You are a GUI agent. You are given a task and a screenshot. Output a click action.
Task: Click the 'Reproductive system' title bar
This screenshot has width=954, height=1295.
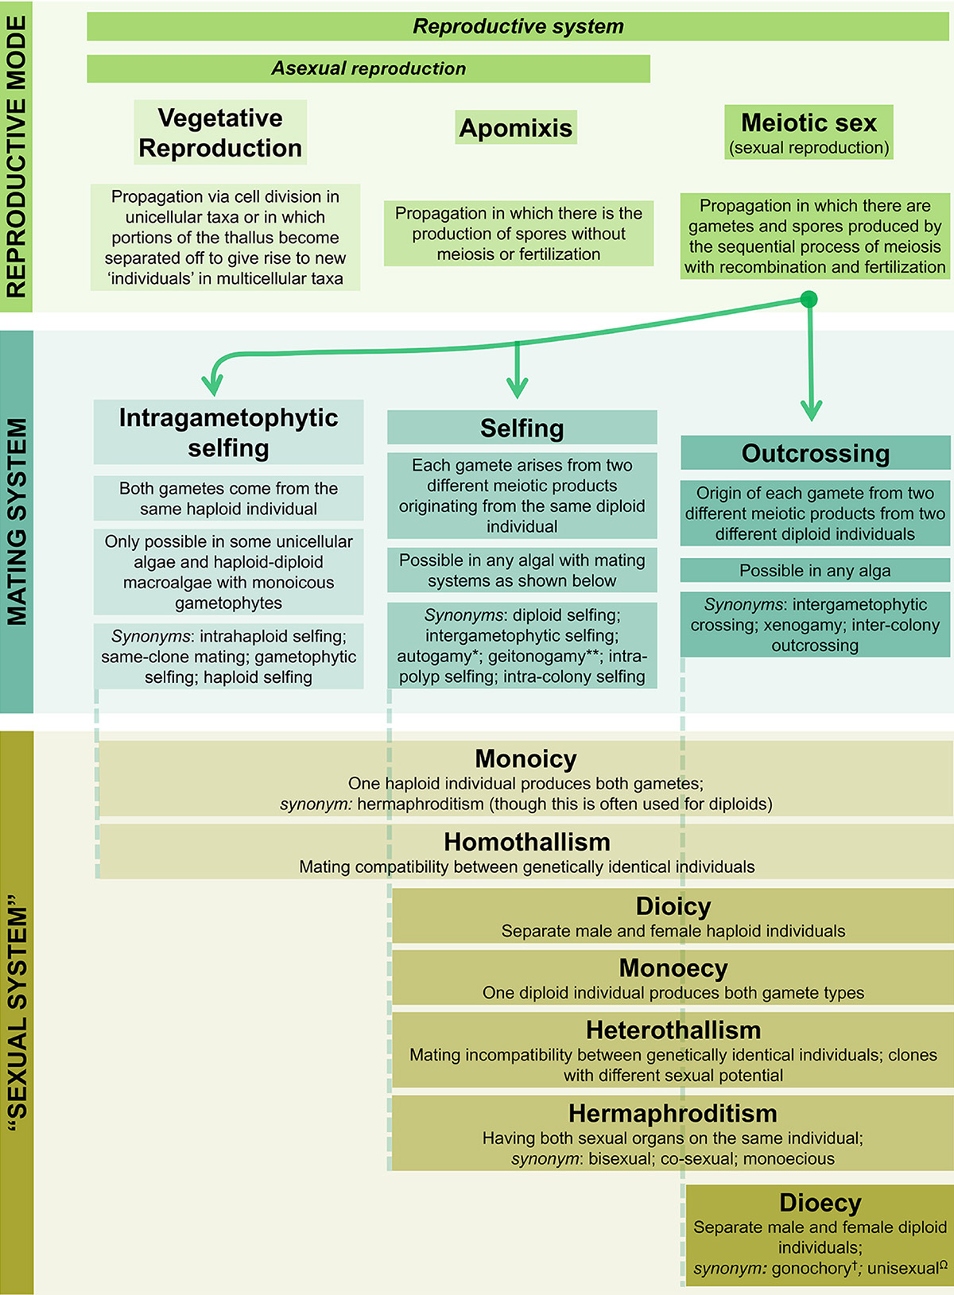pyautogui.click(x=518, y=26)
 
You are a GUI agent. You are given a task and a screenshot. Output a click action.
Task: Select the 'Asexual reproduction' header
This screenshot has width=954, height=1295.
pyautogui.click(x=368, y=68)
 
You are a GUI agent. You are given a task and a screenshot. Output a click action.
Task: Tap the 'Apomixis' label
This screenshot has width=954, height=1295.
pyautogui.click(x=516, y=127)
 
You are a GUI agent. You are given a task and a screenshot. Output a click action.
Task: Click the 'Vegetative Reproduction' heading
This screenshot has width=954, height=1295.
pyautogui.click(x=220, y=133)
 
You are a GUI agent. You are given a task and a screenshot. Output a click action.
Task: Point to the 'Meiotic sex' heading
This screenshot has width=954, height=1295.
pyautogui.click(x=809, y=123)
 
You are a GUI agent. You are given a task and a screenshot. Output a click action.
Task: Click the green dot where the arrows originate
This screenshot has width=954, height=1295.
pyautogui.click(x=809, y=300)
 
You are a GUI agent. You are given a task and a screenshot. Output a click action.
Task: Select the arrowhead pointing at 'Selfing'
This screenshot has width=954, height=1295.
pyautogui.click(x=518, y=387)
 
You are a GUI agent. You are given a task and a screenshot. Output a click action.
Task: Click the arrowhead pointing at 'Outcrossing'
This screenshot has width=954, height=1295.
pyautogui.click(x=811, y=410)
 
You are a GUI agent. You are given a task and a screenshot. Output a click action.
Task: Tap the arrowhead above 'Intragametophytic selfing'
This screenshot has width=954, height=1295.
pyautogui.click(x=212, y=385)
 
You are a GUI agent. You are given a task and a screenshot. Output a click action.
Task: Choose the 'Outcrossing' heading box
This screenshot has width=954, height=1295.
pyautogui.click(x=815, y=453)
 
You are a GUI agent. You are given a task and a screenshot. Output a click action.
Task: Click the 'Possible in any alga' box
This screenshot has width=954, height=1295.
pyautogui.click(x=815, y=571)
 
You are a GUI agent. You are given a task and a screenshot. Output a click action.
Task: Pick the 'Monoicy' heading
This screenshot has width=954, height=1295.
pyautogui.click(x=525, y=758)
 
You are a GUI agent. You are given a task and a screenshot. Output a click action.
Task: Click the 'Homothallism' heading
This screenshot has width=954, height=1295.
pyautogui.click(x=526, y=842)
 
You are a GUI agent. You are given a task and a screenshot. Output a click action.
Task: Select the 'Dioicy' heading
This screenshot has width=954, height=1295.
pyautogui.click(x=673, y=906)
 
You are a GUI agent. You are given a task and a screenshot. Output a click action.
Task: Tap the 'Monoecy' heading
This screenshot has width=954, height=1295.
pyautogui.click(x=673, y=968)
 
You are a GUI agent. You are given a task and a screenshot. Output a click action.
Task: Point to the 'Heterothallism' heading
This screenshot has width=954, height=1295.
pyautogui.click(x=673, y=1030)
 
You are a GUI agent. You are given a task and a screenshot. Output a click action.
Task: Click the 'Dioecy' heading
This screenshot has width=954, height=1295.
pyautogui.click(x=820, y=1203)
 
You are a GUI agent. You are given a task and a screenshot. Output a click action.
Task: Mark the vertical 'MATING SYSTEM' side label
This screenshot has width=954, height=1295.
pyautogui.click(x=17, y=521)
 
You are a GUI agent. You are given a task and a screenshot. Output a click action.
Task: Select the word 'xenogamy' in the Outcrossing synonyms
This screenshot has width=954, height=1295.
pyautogui.click(x=802, y=625)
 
